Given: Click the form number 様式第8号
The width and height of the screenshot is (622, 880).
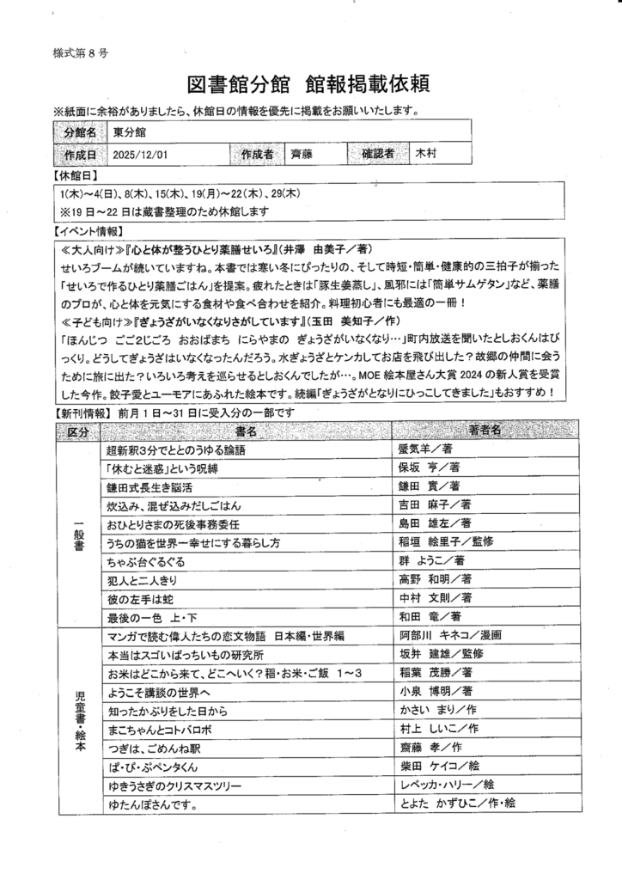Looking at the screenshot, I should click(79, 52).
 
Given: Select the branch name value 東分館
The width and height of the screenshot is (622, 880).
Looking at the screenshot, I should click(129, 132).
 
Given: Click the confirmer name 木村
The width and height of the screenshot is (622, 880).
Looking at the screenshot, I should click(427, 154).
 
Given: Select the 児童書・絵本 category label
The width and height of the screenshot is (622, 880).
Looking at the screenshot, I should click(78, 719).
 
